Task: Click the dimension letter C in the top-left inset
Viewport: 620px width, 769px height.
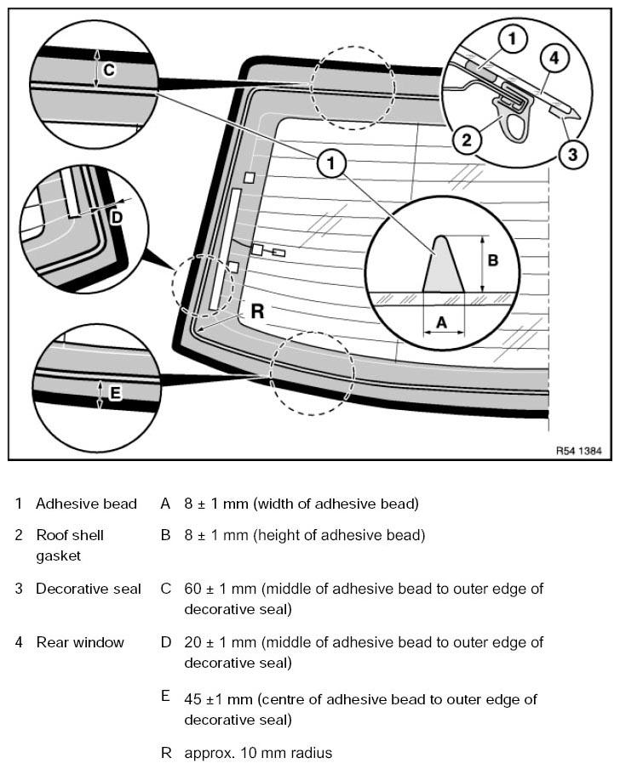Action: (x=109, y=70)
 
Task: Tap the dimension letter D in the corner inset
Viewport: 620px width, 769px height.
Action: (x=117, y=217)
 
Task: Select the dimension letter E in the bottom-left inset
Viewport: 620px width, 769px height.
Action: (x=114, y=393)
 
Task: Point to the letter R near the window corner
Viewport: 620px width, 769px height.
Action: (x=257, y=311)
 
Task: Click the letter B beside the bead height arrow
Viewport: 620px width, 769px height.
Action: (x=493, y=260)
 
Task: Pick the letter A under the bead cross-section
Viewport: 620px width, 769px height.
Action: (x=442, y=322)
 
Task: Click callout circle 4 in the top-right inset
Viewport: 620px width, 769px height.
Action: (x=554, y=59)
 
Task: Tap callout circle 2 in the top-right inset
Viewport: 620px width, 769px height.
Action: (x=467, y=140)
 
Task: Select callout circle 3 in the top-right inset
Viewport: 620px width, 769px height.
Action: (x=572, y=155)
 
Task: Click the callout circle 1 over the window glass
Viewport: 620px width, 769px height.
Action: (x=330, y=162)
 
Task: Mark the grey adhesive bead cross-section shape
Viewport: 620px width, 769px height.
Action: (x=444, y=265)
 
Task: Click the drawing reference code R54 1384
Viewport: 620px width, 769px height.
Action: (x=578, y=450)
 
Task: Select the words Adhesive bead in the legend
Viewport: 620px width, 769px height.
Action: (x=86, y=504)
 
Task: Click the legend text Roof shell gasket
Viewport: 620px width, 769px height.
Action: (x=70, y=545)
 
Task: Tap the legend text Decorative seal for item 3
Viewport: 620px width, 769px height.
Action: (x=89, y=589)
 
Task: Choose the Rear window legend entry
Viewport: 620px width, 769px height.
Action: (x=80, y=642)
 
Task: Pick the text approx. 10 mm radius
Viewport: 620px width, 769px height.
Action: (x=258, y=753)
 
